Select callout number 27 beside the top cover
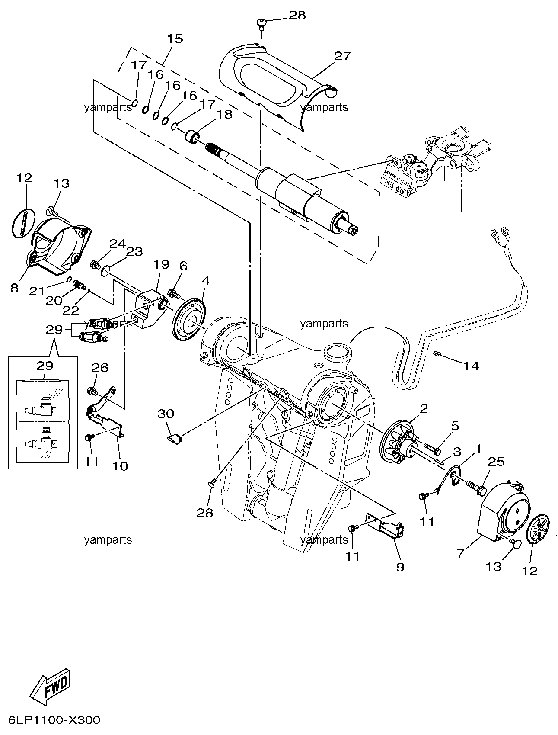click(342, 56)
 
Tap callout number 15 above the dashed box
click(175, 38)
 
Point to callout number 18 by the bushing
click(225, 114)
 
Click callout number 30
click(166, 414)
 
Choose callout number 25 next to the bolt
click(496, 462)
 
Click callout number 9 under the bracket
click(400, 566)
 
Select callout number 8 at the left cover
click(15, 288)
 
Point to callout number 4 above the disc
click(206, 280)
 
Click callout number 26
click(99, 368)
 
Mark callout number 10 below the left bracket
click(121, 466)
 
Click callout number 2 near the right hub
click(424, 408)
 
